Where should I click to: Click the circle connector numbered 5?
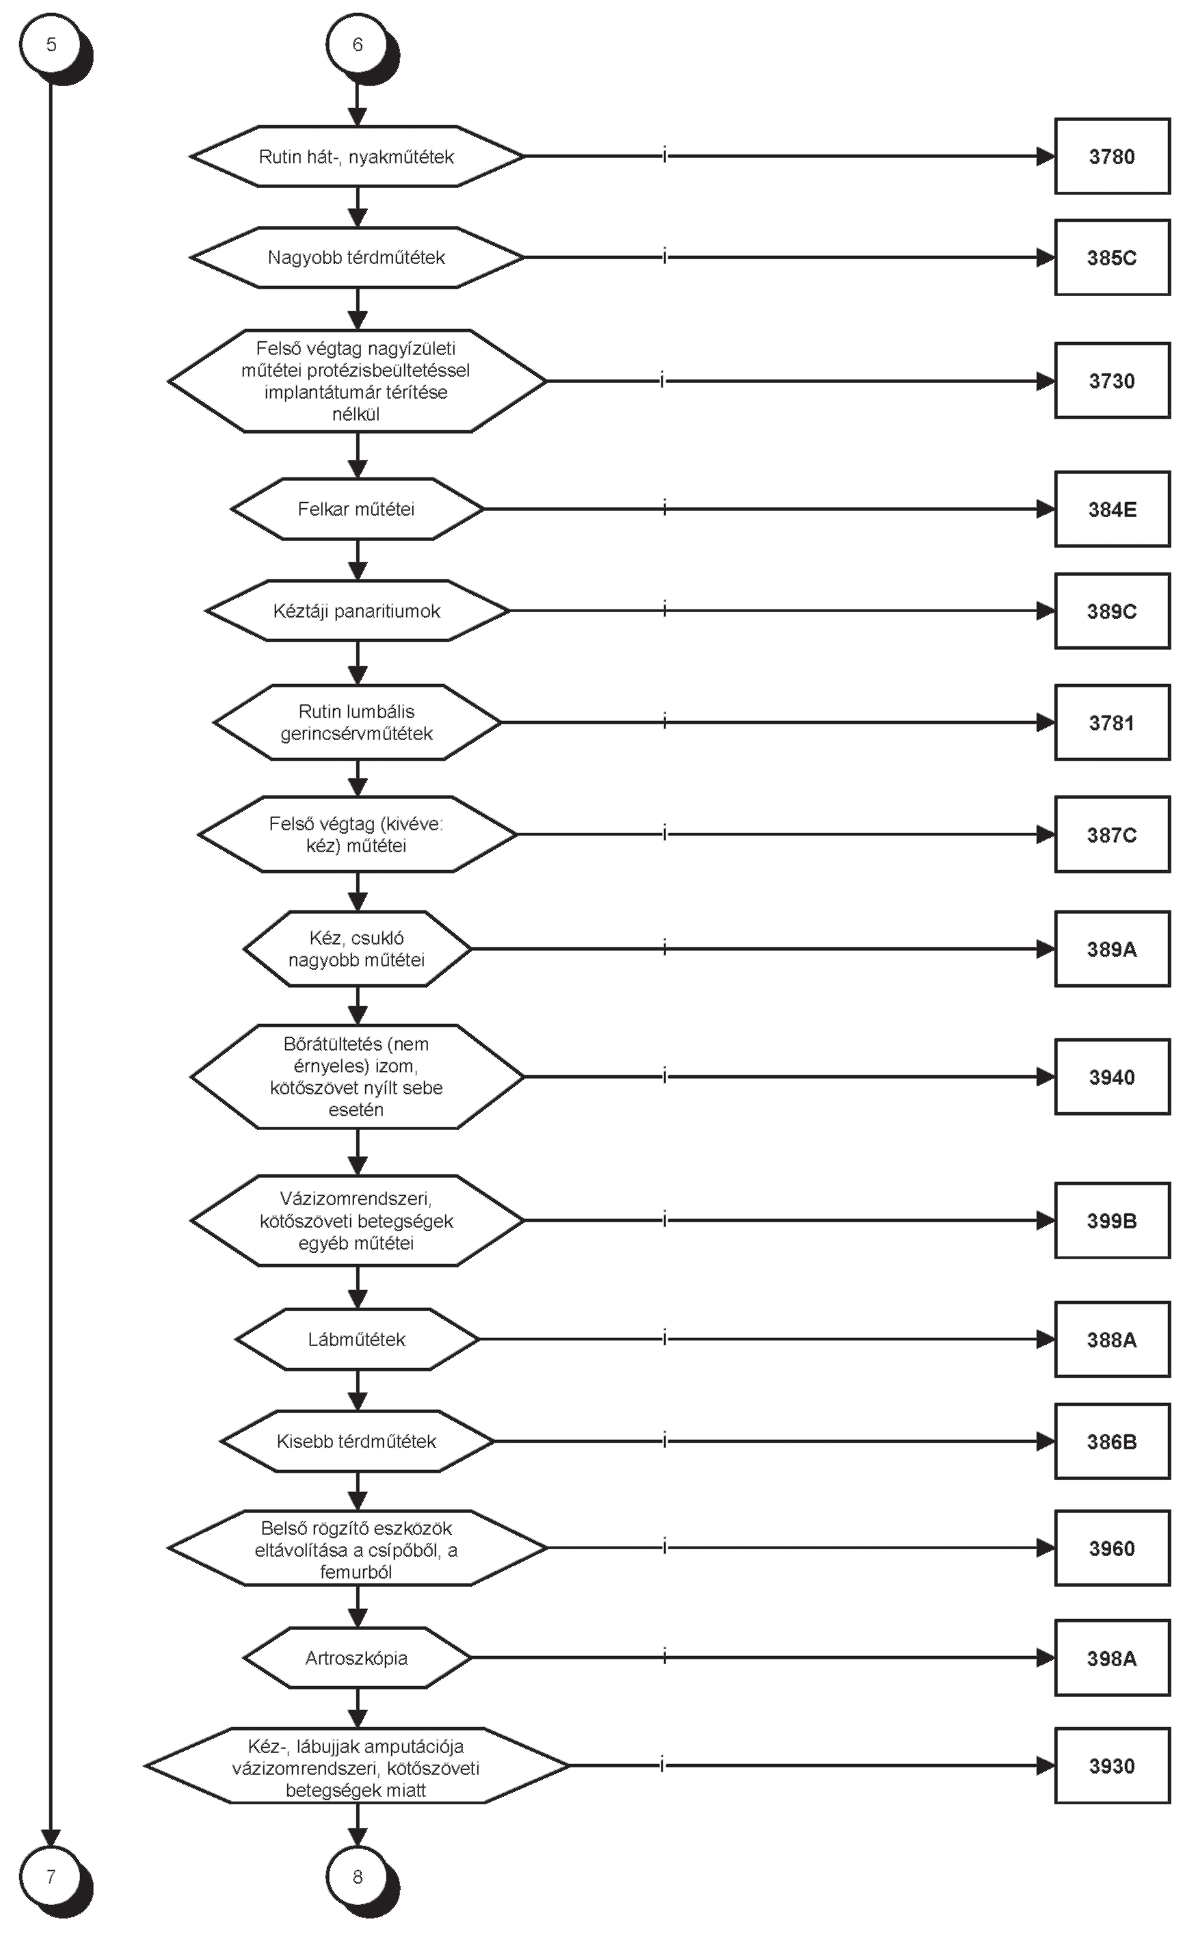click(51, 45)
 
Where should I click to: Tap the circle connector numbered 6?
click(358, 45)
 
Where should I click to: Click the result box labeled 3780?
click(1112, 157)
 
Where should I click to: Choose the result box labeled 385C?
click(1112, 257)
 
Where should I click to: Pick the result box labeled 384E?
click(1112, 510)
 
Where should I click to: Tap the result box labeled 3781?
click(1112, 722)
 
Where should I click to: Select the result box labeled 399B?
click(1112, 1221)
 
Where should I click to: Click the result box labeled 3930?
click(1112, 1765)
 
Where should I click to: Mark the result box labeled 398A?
click(1112, 1658)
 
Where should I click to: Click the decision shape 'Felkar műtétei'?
click(357, 510)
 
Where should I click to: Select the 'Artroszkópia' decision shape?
click(357, 1658)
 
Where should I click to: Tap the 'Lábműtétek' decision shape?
click(357, 1339)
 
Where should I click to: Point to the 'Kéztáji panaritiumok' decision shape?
click(357, 612)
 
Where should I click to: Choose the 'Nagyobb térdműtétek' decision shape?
click(357, 257)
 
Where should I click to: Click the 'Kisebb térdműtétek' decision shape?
click(357, 1441)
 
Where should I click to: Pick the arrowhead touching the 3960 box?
click(1046, 1549)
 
